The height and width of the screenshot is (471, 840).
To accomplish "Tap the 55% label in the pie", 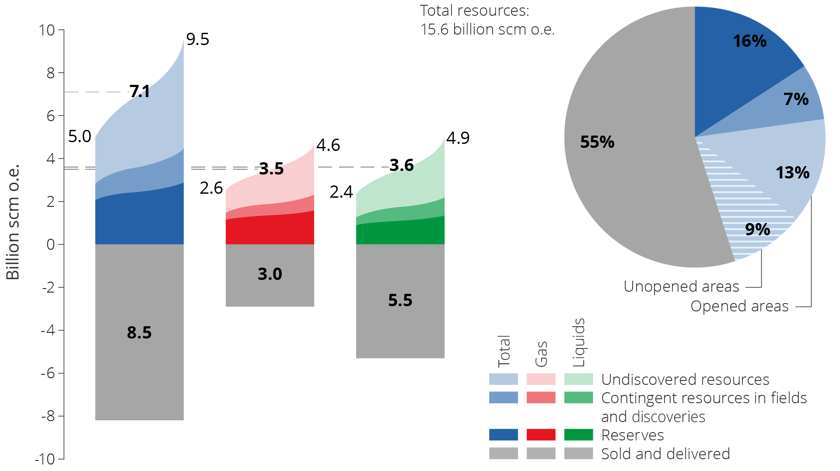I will pyautogui.click(x=597, y=142).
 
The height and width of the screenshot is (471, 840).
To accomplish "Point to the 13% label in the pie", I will pyautogui.click(x=792, y=173).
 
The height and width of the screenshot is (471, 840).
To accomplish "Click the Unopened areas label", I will pyautogui.click(x=681, y=286).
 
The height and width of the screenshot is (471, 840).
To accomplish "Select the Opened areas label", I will pyautogui.click(x=739, y=306).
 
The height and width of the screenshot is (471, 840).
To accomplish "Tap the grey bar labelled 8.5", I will pyautogui.click(x=139, y=332).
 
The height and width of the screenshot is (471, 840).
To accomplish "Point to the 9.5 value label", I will pyautogui.click(x=198, y=39).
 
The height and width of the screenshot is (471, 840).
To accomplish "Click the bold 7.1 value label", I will pyautogui.click(x=140, y=91).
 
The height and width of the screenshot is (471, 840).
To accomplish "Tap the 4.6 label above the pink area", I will pyautogui.click(x=328, y=145).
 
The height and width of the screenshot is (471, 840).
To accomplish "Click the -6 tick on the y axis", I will pyautogui.click(x=48, y=373).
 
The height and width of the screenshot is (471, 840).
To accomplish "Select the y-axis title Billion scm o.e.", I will pyautogui.click(x=13, y=222).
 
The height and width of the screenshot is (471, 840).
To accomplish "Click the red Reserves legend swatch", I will pyautogui.click(x=541, y=435).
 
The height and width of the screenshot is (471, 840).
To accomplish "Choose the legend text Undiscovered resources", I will pyautogui.click(x=685, y=380).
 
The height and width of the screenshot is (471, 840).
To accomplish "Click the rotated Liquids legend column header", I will pyautogui.click(x=578, y=342).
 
